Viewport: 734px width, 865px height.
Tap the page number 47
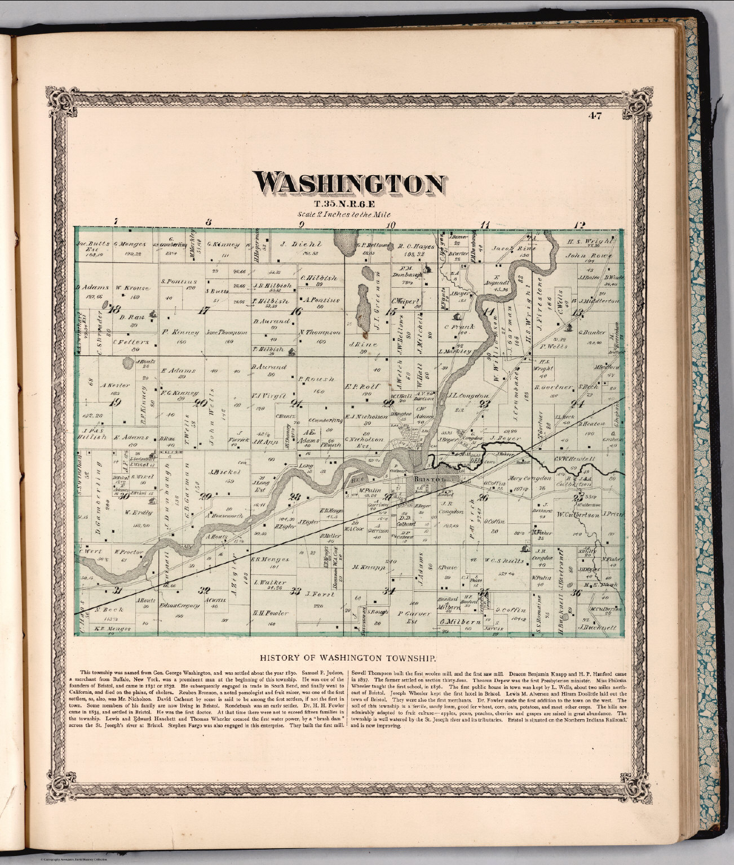pos(594,117)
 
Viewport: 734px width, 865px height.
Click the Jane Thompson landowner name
pos(227,332)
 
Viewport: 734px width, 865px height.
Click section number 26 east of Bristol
pos(483,497)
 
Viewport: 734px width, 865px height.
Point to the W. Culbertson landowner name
pos(577,514)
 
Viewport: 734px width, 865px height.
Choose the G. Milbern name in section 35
pos(460,622)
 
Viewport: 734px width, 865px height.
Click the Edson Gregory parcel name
pos(180,605)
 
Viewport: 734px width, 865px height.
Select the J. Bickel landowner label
pos(221,472)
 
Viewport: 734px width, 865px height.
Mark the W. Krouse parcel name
pos(132,288)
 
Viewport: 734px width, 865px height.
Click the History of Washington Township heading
pos(346,657)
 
